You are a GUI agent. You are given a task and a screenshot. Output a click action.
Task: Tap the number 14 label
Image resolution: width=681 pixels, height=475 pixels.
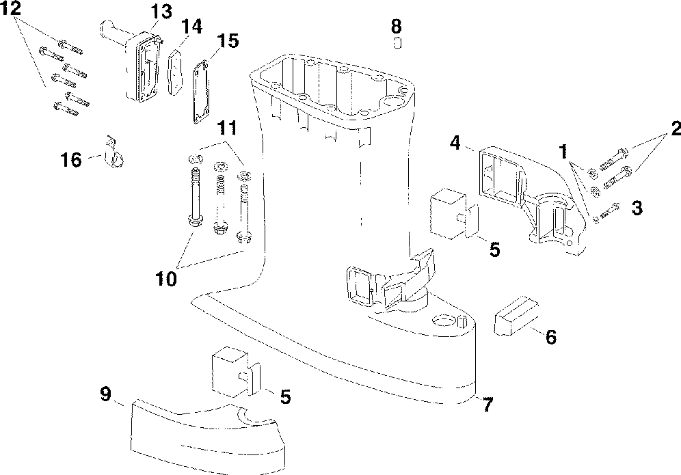(191, 27)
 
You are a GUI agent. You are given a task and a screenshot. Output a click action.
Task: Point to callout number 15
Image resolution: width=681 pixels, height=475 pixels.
(228, 41)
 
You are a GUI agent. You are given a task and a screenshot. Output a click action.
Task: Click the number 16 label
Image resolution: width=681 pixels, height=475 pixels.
(71, 160)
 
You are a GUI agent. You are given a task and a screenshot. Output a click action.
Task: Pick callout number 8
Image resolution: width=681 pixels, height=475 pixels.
(397, 27)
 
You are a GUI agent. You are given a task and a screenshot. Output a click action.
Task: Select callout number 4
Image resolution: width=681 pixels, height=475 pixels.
(455, 142)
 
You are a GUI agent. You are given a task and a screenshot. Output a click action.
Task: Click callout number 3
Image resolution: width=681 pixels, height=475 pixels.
(637, 208)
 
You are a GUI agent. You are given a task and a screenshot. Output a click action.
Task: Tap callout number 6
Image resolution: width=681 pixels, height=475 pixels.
(551, 336)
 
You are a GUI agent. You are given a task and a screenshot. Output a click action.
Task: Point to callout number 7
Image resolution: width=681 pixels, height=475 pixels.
(488, 405)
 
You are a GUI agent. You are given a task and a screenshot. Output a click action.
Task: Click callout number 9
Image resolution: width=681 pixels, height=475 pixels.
(105, 394)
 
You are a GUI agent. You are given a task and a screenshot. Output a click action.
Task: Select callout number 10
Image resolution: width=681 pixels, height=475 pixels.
(166, 279)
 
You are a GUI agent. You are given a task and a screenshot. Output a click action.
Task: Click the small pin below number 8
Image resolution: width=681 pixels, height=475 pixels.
(397, 43)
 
